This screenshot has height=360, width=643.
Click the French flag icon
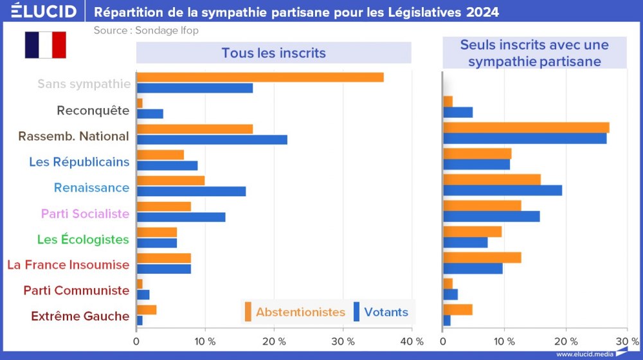point(46,45)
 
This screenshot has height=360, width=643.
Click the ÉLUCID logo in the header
point(40,12)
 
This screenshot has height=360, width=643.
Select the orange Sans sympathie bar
point(260,77)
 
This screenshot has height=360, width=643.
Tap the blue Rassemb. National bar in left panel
point(212,139)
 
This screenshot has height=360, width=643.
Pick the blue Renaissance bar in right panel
point(502,190)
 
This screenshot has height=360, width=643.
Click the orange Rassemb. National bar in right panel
point(526,127)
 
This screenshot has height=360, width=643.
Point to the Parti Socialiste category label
point(85,213)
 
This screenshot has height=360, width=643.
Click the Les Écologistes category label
point(83,239)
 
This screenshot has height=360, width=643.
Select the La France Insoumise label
point(68,264)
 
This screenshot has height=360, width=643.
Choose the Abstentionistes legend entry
point(294,312)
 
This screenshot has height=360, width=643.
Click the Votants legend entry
point(381,312)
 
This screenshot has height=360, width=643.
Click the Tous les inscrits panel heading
point(273,53)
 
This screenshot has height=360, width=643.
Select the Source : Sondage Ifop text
point(146,30)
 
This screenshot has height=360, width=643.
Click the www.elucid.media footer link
point(584,354)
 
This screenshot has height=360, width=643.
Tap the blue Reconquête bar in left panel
point(150,114)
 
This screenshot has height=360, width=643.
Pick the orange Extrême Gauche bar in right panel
point(458,309)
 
